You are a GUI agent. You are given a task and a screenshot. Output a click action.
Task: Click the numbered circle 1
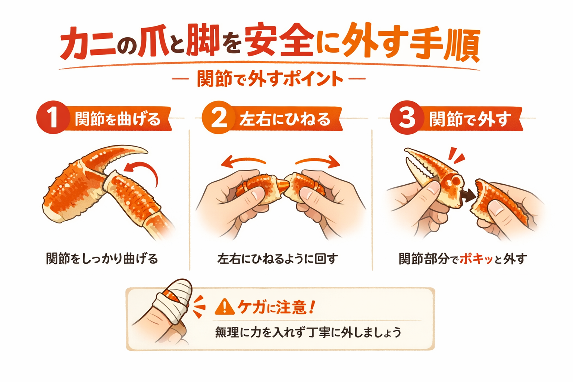53,118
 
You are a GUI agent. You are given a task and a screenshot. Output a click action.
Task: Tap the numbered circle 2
219,118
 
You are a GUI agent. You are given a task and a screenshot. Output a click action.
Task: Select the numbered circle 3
406,118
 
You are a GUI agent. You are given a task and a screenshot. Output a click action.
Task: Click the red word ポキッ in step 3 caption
476,259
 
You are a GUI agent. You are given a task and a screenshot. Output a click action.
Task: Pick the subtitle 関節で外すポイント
269,79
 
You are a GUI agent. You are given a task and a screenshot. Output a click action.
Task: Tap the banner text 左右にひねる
285,119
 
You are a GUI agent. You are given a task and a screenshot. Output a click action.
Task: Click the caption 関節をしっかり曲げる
102,259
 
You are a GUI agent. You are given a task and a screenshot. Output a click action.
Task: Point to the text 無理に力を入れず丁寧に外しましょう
308,332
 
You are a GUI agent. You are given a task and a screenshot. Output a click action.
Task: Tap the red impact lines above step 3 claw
457,155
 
